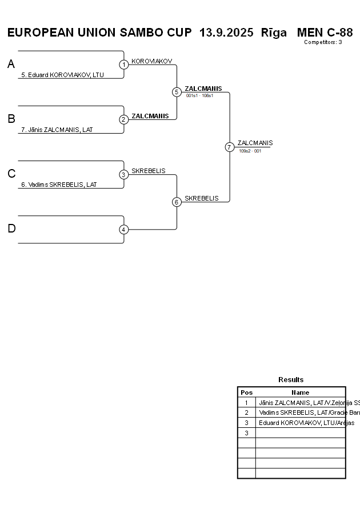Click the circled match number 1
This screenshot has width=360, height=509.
[x=124, y=65]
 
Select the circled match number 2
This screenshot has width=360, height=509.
[x=124, y=119]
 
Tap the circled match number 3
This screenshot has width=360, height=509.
[x=124, y=174]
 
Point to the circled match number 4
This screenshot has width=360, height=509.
[x=124, y=229]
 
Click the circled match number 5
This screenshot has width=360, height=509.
[x=177, y=92]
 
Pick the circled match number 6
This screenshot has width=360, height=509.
[x=177, y=202]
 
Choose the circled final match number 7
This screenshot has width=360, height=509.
[x=229, y=147]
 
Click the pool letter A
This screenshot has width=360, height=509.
[x=11, y=65]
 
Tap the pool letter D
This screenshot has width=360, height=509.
[x=11, y=229]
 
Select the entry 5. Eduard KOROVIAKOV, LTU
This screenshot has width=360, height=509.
[x=62, y=75]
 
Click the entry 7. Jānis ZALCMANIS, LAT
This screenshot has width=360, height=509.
[x=57, y=130]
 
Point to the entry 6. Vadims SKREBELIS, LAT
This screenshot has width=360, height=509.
[x=59, y=185]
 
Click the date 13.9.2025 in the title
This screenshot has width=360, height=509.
[x=226, y=33]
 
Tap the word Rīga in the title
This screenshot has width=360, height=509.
[x=274, y=33]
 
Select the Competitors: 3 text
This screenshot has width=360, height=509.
[x=323, y=42]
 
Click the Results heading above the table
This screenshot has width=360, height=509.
[x=291, y=380]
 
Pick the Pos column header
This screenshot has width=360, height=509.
[x=246, y=392]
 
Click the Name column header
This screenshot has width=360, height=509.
[x=300, y=392]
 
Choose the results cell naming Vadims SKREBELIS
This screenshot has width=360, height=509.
[x=301, y=412]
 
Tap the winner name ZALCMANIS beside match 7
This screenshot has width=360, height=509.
[x=255, y=143]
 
